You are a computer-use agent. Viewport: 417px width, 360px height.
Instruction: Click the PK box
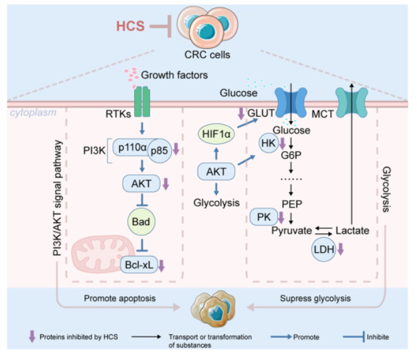(x=263, y=216)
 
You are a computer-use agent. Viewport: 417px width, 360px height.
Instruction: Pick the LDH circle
(x=325, y=249)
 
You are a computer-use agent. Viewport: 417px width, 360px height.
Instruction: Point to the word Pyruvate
(x=292, y=231)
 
